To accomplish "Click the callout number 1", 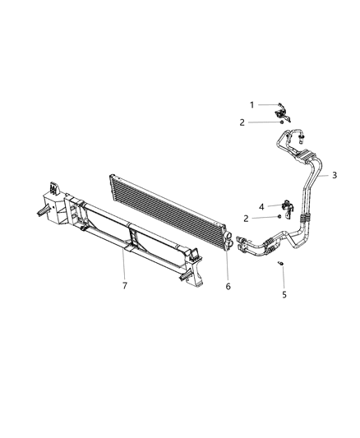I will [x=253, y=104].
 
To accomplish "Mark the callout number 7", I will [x=125, y=284].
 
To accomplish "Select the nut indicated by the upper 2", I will [x=282, y=122].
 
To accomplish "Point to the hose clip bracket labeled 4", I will [x=285, y=206].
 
